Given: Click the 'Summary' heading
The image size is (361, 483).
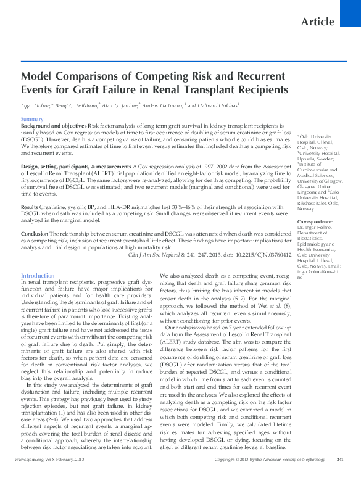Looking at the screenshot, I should (32, 118).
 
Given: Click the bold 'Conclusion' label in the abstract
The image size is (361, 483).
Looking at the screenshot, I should (35, 234).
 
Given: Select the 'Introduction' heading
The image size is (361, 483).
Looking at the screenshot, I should (38, 275).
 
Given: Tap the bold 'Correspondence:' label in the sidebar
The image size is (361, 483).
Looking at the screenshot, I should (315, 221).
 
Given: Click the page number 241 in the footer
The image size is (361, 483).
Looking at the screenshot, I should (340, 477).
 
